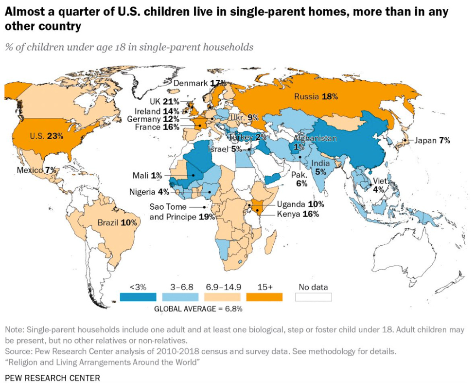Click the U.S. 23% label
pos(47,136)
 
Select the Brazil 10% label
pos(117,222)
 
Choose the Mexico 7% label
pos(37,170)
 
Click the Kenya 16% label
pos(298,214)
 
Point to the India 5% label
pos(320,167)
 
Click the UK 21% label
pos(164,102)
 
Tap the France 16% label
pos(158,127)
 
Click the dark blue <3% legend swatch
pos(138,297)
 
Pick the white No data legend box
pos(313,297)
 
